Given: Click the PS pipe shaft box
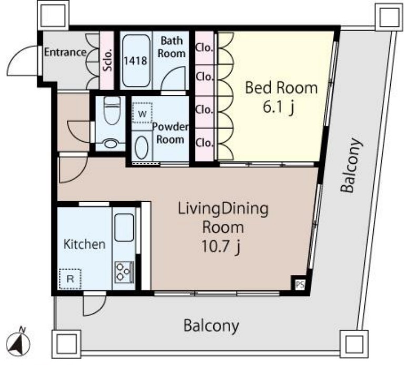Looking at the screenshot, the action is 300,285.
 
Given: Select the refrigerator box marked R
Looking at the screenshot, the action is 70,279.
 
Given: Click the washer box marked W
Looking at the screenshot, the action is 142,113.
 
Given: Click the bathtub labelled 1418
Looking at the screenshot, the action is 136,61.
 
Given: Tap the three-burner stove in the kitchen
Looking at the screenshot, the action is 124,272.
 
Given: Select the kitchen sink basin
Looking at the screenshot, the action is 124,228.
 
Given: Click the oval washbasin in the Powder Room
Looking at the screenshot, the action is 142,147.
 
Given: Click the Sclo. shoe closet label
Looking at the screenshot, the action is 107,60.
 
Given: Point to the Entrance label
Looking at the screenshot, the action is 65,52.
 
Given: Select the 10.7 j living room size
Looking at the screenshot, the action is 221,247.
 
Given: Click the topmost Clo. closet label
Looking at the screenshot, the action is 204,47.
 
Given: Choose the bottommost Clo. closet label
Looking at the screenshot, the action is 204,143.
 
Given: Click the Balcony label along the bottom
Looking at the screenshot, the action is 211,325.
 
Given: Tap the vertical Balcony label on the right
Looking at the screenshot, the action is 351,166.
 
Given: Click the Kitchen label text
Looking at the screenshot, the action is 84,244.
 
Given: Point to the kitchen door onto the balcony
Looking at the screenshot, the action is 94,304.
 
